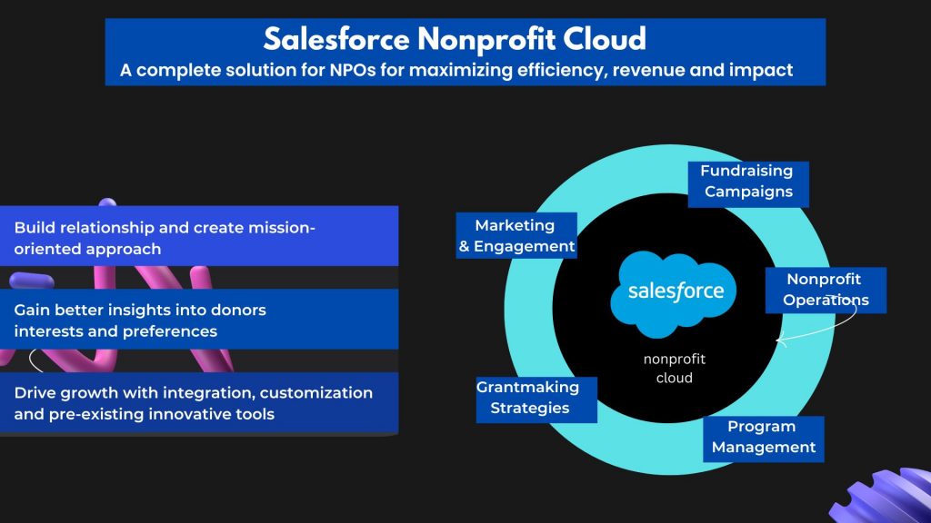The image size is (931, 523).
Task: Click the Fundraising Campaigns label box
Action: (748, 184)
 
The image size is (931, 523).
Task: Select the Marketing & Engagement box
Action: (516, 235)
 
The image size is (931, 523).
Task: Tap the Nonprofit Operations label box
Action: (826, 290)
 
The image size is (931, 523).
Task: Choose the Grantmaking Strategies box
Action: (536, 400)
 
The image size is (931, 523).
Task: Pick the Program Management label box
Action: (764, 439)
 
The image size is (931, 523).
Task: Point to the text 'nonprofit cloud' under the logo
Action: (675, 369)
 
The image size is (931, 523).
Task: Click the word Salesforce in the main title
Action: (336, 39)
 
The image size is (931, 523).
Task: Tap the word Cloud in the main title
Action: (605, 39)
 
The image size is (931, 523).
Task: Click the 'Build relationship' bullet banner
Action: (199, 236)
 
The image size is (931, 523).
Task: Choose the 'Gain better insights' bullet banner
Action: (199, 319)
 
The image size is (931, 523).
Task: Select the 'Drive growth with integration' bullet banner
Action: (199, 403)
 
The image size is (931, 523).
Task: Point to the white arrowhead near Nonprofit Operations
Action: (780, 340)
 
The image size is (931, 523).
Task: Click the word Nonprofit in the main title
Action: (486, 39)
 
